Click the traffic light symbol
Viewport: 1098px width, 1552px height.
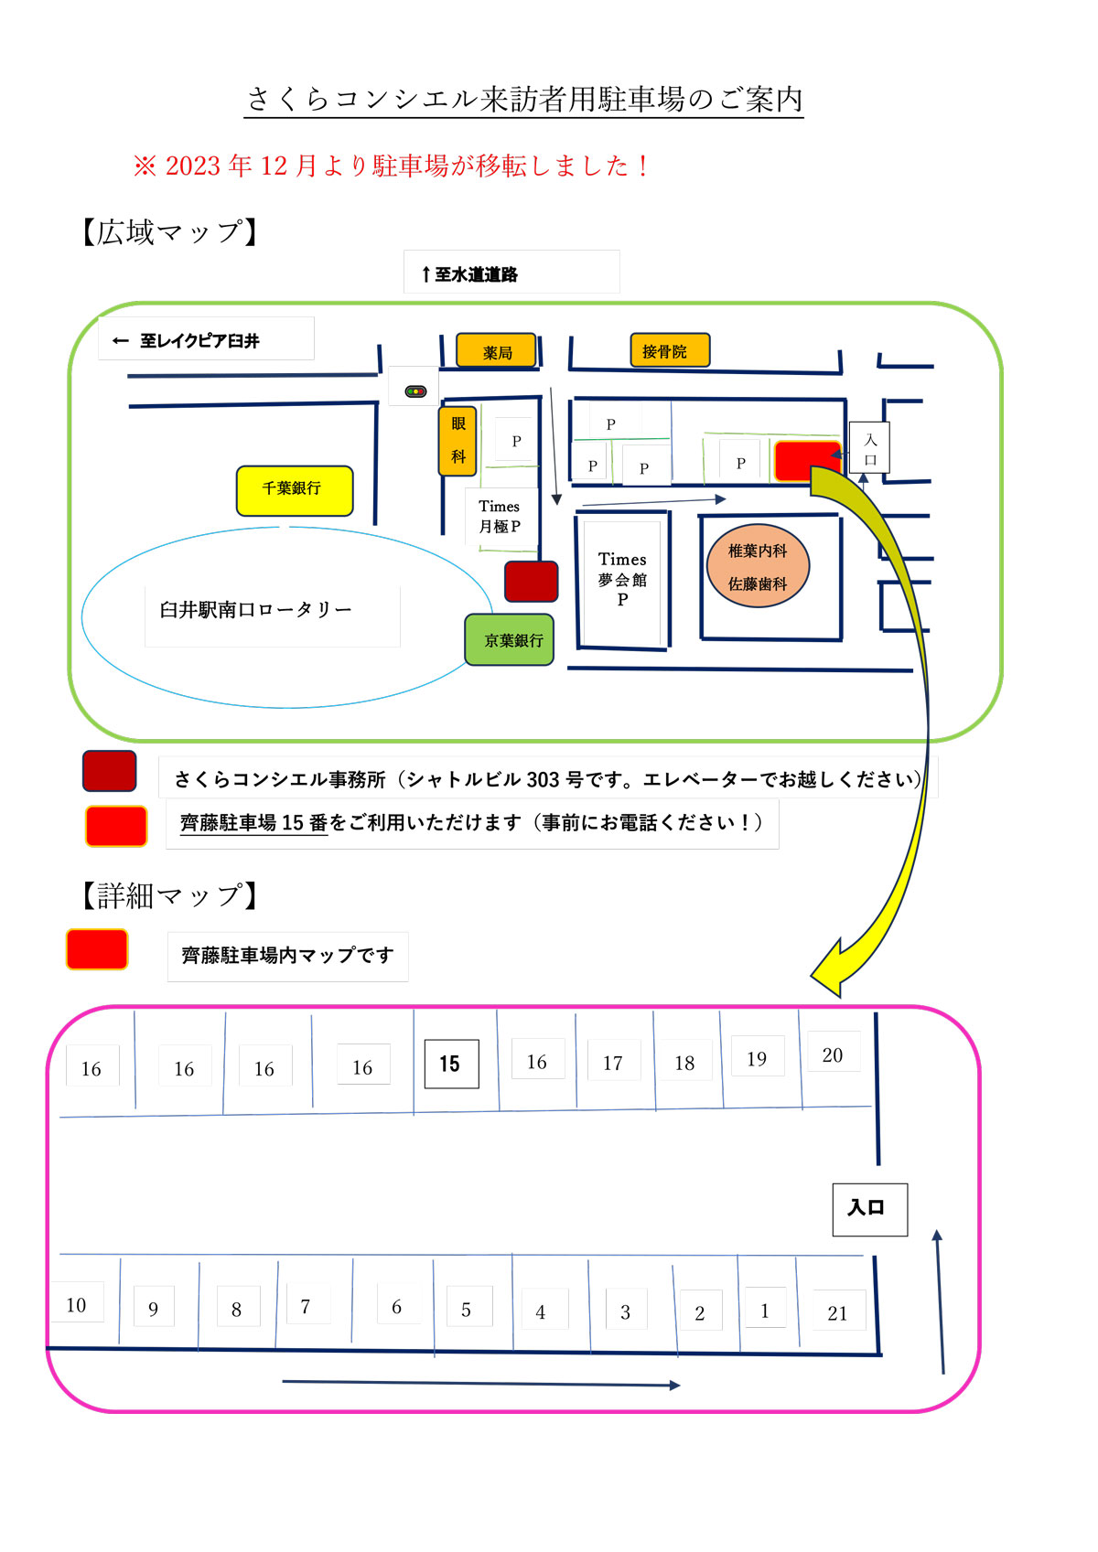tap(415, 391)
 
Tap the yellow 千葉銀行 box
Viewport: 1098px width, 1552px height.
tap(294, 490)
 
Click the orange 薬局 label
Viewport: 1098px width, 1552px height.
tap(497, 352)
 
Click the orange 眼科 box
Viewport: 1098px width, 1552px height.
tap(458, 441)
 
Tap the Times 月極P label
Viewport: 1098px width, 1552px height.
tap(500, 517)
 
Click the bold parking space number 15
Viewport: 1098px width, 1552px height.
tap(451, 1064)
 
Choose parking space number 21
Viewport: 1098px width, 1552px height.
tap(837, 1313)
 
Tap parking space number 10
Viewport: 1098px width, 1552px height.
tap(76, 1305)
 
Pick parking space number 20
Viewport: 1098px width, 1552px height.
tap(833, 1055)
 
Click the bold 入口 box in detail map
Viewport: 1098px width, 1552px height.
tap(868, 1209)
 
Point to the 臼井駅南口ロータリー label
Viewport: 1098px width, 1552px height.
tap(256, 610)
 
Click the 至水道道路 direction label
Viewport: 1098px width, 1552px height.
tap(470, 274)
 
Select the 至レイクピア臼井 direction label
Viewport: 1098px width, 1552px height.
tap(188, 341)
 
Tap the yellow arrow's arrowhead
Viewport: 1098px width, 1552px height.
tap(827, 972)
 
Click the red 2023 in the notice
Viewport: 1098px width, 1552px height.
tap(193, 166)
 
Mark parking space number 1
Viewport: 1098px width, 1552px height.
tap(765, 1311)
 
